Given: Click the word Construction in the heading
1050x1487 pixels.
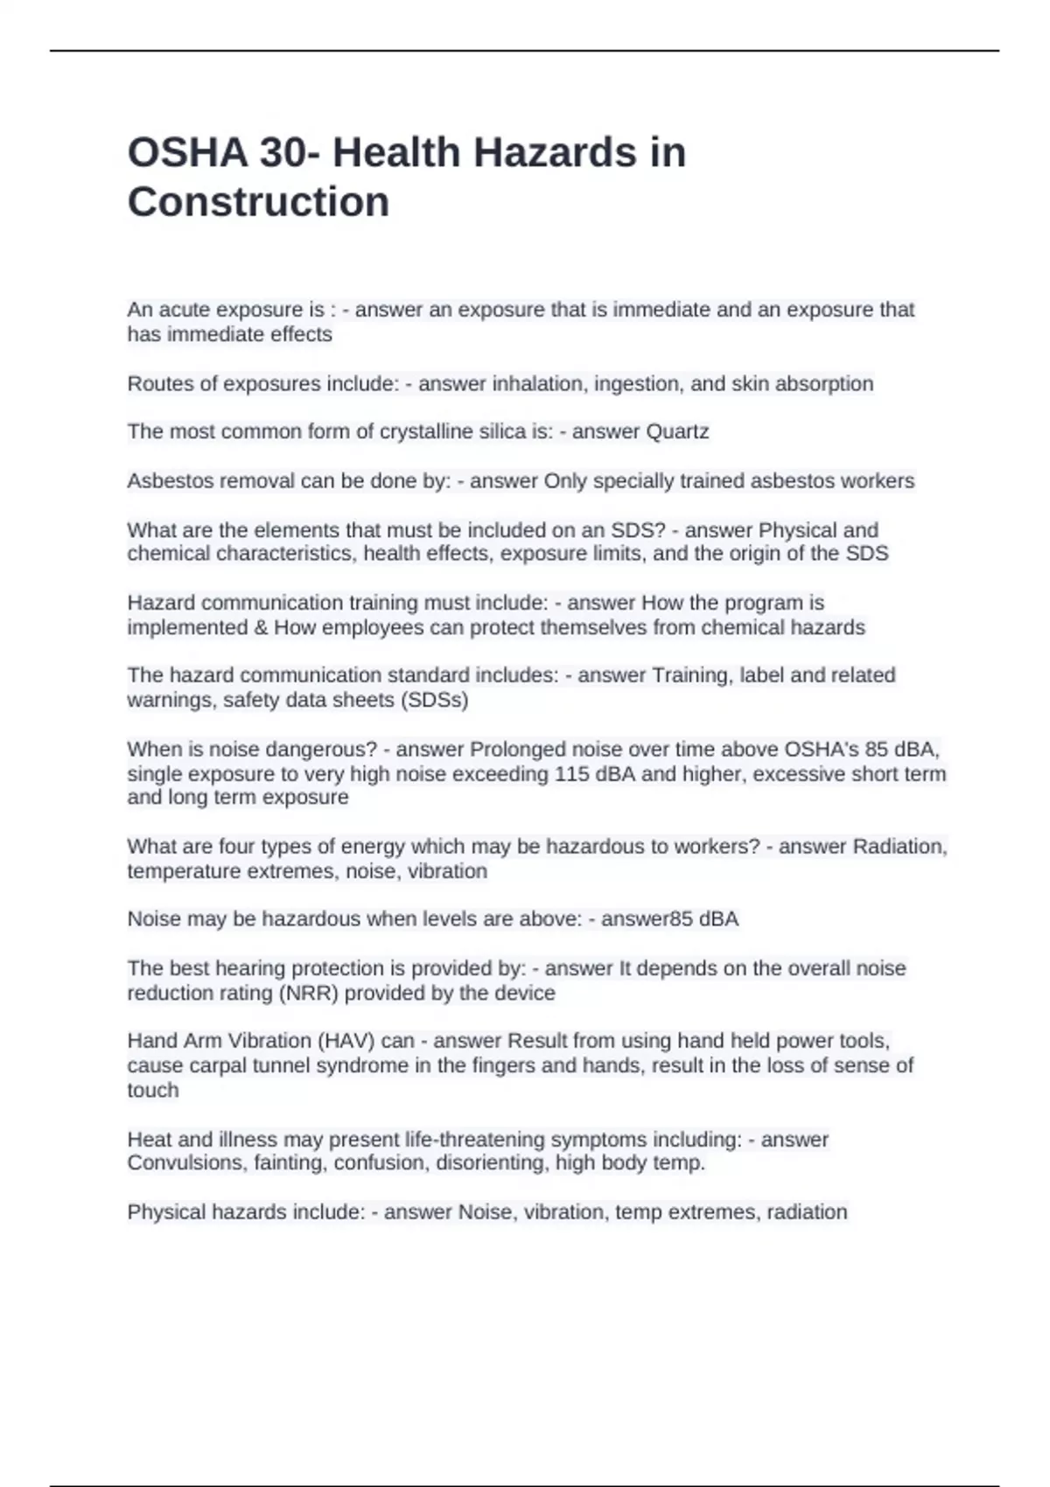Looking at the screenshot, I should click(x=258, y=202).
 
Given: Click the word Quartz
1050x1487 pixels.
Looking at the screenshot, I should click(x=676, y=432).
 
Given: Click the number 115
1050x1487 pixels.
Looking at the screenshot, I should click(x=573, y=774).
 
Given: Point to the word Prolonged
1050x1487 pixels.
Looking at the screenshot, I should click(x=518, y=750).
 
